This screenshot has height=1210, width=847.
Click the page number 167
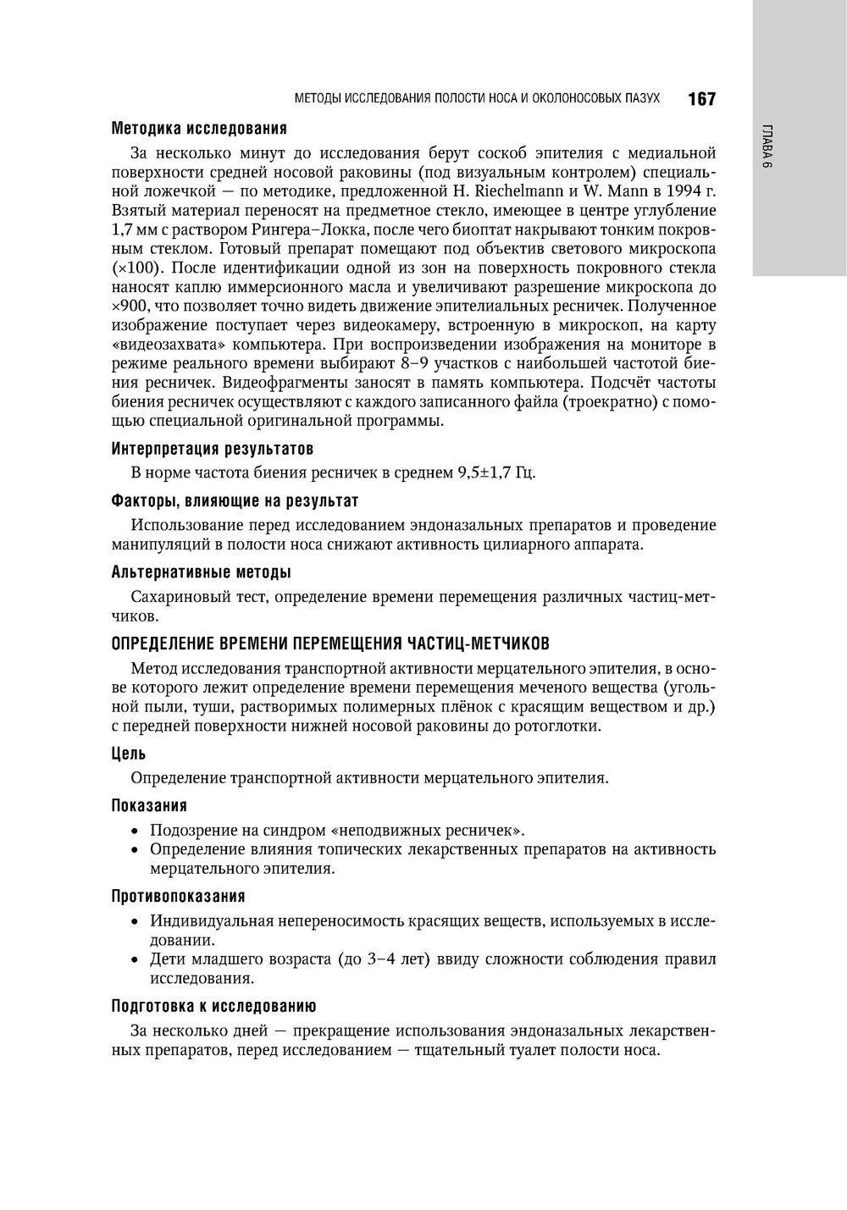point(701,99)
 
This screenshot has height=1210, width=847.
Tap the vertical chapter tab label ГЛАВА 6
point(767,149)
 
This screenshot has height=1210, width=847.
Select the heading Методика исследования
point(199,129)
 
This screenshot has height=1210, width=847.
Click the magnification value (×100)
point(135,268)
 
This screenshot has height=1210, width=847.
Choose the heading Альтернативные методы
point(202,572)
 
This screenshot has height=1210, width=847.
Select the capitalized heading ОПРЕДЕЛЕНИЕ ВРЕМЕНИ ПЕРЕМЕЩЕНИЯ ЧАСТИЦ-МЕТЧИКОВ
point(335,643)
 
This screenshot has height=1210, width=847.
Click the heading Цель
point(129,753)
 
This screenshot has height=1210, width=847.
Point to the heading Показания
point(149,805)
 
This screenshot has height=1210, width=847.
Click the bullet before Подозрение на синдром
point(135,831)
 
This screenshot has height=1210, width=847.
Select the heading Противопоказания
point(178,896)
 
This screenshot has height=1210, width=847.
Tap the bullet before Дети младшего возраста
point(135,960)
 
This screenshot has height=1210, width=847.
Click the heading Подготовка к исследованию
point(213,1006)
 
